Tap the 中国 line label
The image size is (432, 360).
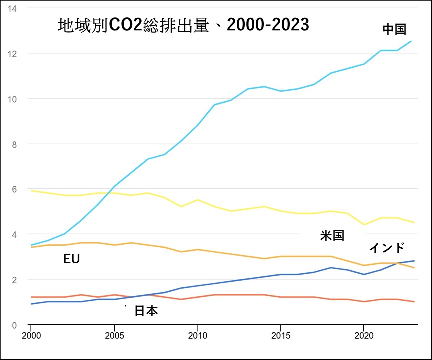[394, 29]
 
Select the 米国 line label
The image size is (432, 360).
[332, 236]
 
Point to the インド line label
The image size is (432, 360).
[387, 248]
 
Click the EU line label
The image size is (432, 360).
[72, 259]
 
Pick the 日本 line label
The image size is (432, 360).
[146, 311]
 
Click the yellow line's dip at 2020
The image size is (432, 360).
[364, 225]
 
